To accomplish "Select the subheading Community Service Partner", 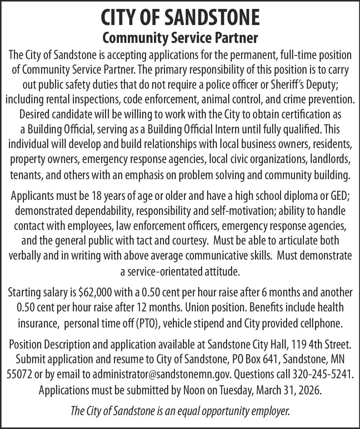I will (x=180, y=37).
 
